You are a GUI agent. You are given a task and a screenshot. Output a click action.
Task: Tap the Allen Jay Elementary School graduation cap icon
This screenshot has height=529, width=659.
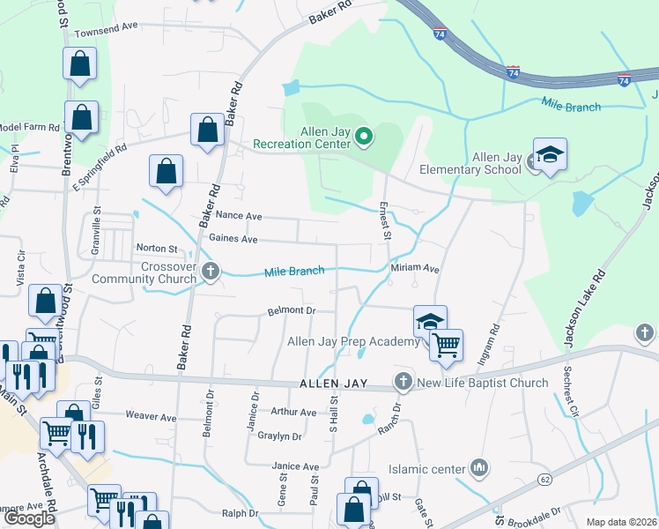[x=550, y=155]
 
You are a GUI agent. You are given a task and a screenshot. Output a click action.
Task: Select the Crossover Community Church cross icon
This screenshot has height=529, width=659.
[x=211, y=272]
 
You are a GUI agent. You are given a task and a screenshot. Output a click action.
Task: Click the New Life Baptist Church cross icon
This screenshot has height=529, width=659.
[x=404, y=383]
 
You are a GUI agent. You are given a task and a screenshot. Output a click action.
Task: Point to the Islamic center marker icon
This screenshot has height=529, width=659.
[x=479, y=466]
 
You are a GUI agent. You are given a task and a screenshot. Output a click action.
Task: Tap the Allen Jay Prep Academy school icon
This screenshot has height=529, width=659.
[x=431, y=323]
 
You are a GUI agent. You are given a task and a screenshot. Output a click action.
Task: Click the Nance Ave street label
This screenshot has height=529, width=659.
[x=239, y=215]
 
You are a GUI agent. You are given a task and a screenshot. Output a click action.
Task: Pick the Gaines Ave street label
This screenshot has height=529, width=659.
[x=233, y=239]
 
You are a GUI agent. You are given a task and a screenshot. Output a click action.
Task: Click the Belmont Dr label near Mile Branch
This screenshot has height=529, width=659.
[x=291, y=310]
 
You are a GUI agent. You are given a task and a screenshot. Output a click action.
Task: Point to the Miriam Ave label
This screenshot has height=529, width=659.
[x=415, y=268]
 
